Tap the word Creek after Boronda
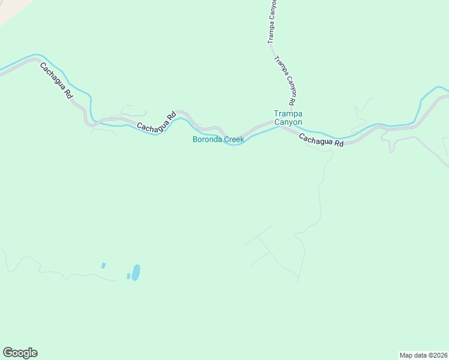point(234,140)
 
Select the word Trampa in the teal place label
point(288,113)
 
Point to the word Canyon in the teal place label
point(288,122)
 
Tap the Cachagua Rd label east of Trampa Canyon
point(321,140)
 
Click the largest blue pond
point(136,272)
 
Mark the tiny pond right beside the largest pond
point(128,276)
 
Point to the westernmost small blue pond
point(103,265)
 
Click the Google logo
point(20,353)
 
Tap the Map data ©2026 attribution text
point(423,355)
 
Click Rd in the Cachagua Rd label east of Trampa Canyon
point(339,144)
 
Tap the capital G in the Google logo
point(8,353)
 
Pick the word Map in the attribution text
point(406,355)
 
